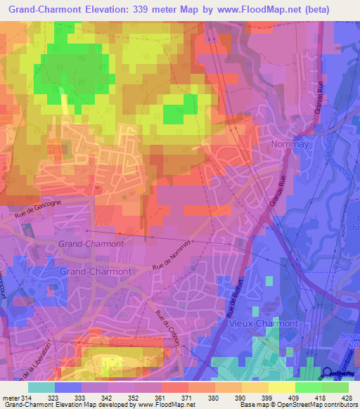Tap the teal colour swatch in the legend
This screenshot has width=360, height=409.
[x=41, y=387]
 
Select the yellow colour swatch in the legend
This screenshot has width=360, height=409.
[x=282, y=387]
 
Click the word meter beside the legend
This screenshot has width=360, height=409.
[x=11, y=398]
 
